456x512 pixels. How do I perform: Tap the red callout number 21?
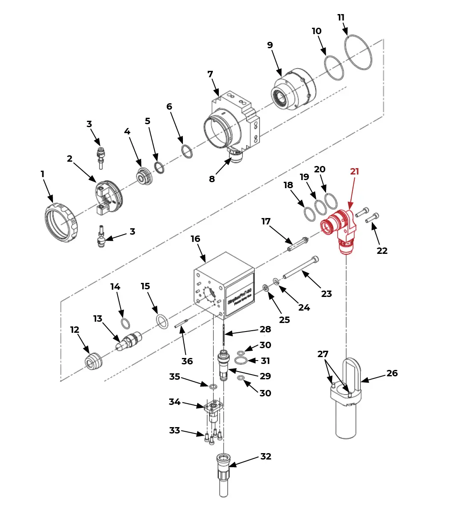[354, 172]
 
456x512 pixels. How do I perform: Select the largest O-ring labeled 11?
[358, 52]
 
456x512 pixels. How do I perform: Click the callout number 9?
[270, 45]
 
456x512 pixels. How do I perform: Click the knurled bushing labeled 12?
[93, 361]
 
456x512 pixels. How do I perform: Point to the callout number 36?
[187, 361]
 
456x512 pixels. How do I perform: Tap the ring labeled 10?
[334, 67]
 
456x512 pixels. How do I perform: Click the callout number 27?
[323, 354]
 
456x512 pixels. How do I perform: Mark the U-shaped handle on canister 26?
[350, 369]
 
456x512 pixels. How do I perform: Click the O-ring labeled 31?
[241, 361]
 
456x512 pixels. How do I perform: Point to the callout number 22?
[382, 251]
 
